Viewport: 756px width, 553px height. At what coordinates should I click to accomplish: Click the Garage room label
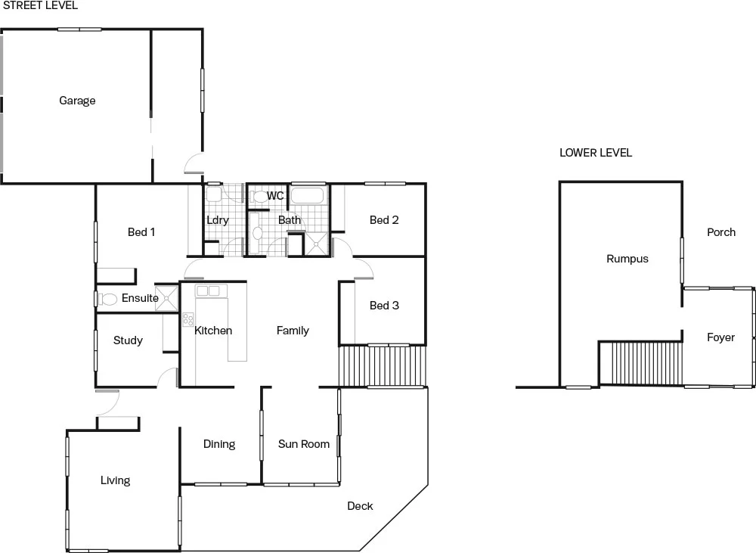77,101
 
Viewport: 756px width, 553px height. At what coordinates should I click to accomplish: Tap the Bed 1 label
141,232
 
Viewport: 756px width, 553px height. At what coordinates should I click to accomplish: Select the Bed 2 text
384,220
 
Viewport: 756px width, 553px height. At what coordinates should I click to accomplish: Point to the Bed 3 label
384,306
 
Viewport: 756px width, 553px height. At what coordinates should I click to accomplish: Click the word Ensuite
140,298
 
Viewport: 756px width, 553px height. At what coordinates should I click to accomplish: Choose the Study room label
128,340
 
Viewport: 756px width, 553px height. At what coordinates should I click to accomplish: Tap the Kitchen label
213,331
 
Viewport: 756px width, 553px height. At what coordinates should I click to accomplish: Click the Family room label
293,331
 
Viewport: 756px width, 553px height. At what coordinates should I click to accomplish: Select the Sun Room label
304,444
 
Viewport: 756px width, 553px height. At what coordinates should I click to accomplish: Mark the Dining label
219,444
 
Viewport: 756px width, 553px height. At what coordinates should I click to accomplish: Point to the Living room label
115,480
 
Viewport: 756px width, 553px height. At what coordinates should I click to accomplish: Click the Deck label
360,506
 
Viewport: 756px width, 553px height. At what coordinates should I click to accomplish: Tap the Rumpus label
627,259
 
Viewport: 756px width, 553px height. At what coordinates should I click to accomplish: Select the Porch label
720,232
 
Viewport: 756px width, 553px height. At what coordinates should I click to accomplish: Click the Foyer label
720,337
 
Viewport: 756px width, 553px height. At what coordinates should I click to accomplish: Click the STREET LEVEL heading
39,5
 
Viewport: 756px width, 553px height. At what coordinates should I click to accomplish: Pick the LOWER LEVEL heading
596,153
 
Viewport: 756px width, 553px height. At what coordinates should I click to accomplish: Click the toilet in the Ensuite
108,299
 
